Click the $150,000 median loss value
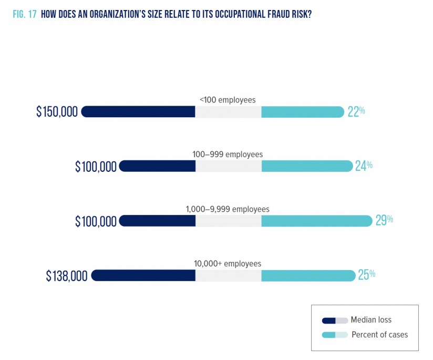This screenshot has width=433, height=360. pos(57,111)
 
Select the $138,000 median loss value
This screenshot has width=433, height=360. pos(66,276)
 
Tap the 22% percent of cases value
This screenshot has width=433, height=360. pos(356,111)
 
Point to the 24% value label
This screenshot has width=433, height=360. pos(364,166)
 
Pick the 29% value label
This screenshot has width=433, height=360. pos(384,220)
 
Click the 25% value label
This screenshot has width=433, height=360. pos(366,275)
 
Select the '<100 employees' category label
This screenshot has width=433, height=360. pos(228,100)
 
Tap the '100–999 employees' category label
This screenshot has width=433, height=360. pos(228,155)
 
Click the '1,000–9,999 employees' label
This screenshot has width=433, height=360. pos(228,209)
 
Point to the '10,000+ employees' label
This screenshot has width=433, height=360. pos(228,263)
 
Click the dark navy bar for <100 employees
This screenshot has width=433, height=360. pos(138,111)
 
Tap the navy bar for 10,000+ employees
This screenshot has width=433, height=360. pos(143,275)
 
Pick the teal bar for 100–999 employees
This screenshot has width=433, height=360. pos(306,166)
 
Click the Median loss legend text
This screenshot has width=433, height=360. pos(371,320)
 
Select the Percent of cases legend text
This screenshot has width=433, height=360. pos(379,335)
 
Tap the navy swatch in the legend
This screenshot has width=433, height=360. pos(329,320)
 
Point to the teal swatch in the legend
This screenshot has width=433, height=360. pos(329,335)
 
